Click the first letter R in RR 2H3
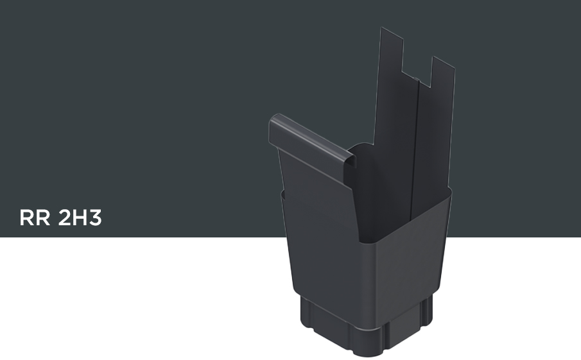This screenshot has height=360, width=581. [x=27, y=218]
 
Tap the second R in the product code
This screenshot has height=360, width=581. [x=43, y=218]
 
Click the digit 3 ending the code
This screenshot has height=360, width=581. [x=94, y=218]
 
